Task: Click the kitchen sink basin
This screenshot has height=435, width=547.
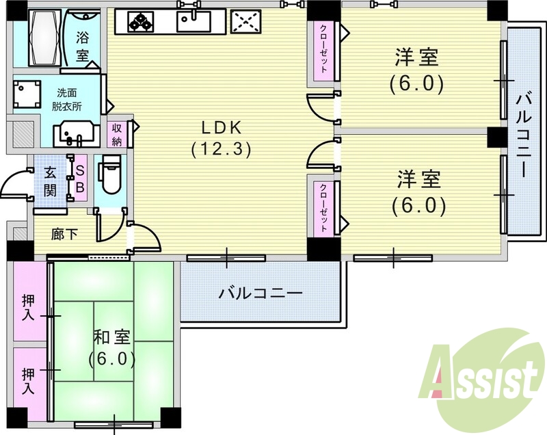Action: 193,21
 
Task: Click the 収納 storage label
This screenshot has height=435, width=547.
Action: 118,133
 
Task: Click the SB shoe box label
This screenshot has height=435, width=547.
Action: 79,178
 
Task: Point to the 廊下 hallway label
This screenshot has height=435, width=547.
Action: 65,235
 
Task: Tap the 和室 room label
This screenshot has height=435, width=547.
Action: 112,347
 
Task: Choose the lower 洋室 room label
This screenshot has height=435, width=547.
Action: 418,192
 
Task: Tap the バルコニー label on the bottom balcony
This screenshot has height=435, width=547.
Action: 261,293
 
